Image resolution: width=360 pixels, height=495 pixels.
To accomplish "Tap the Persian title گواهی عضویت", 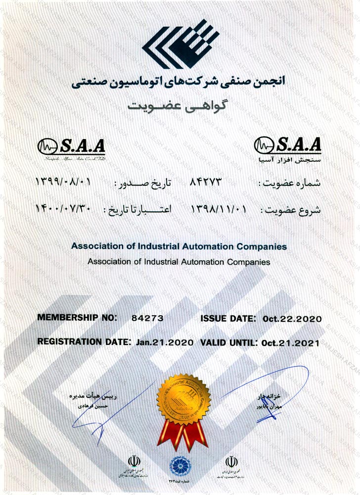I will [180, 105].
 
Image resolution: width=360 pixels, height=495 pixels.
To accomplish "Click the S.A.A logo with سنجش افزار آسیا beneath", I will [287, 148].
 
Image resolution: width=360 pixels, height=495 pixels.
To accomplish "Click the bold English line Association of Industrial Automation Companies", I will [179, 246].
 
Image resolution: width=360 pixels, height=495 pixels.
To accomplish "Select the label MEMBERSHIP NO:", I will [77, 318].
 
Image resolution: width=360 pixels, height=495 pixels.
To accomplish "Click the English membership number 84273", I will [147, 318].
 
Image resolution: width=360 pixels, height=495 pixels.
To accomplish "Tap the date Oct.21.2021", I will [291, 342].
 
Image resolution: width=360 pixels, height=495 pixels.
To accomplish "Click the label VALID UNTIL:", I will [229, 342].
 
